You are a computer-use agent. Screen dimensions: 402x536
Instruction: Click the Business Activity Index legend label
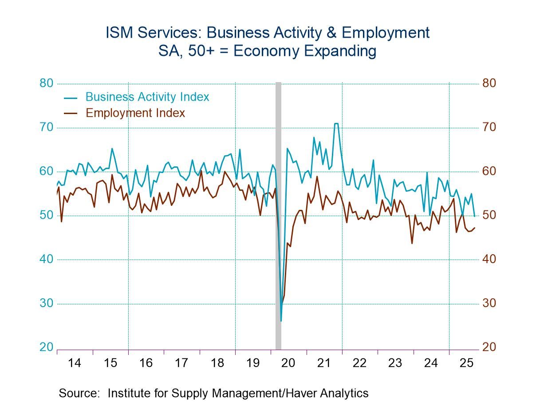coord(147,97)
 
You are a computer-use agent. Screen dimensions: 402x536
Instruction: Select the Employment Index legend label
coord(135,113)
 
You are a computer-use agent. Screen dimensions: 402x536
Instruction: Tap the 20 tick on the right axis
coord(489,347)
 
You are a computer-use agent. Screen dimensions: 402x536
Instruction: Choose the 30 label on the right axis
coord(489,303)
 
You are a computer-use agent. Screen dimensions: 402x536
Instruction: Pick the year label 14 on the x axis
coord(75,363)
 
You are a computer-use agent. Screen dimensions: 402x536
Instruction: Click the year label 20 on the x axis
coord(288,363)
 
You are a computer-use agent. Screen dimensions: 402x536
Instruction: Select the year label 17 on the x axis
coord(181,363)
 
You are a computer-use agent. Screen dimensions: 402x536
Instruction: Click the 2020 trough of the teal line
coord(281,320)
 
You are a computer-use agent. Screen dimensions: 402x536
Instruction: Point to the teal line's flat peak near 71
coord(336,123)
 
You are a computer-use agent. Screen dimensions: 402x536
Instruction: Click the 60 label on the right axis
coord(489,171)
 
